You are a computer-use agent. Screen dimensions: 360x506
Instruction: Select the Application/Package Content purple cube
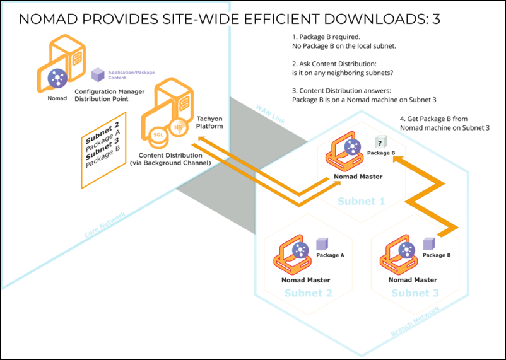click(x=97, y=74)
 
